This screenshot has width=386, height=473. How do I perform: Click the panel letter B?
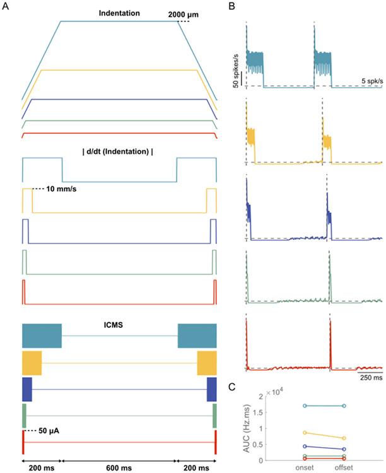[231, 7]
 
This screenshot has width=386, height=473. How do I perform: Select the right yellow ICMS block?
[206, 363]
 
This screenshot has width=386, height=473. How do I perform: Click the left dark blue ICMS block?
[27, 388]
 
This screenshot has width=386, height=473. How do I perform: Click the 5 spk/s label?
[370, 81]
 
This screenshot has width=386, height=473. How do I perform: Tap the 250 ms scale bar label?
[370, 378]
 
